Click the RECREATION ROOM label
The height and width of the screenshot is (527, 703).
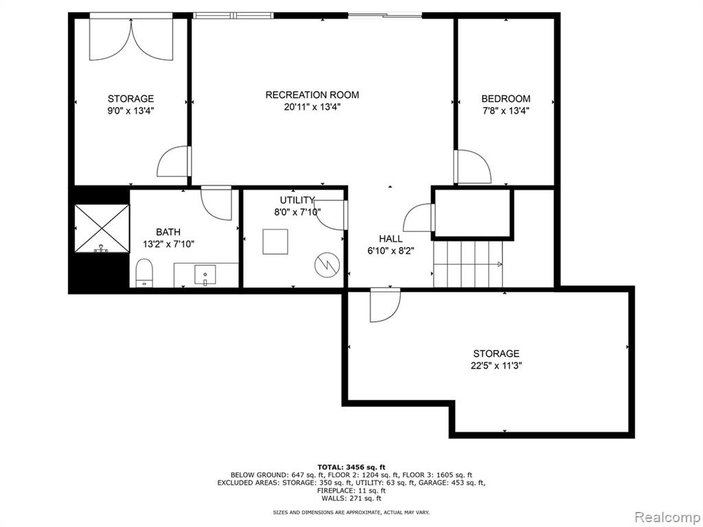[312, 95]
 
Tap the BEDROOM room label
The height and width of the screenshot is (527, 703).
[506, 99]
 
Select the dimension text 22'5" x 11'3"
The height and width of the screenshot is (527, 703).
[496, 366]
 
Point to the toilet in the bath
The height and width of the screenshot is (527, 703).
[144, 272]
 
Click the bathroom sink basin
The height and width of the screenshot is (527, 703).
[205, 274]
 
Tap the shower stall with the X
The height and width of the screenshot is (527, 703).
[102, 229]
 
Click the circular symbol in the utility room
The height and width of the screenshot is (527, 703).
[327, 265]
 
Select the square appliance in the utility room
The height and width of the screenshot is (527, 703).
[275, 242]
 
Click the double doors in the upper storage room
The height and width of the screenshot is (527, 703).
[131, 39]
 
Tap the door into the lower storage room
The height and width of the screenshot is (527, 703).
[385, 305]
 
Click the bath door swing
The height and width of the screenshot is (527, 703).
[216, 203]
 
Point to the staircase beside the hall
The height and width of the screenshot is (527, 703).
[468, 264]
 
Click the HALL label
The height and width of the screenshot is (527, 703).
[391, 239]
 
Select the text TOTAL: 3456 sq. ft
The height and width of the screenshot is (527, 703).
[351, 467]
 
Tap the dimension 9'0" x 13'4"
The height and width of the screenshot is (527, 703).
[130, 110]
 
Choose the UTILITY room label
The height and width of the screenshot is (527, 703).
[297, 200]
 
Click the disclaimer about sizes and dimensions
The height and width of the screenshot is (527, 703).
[351, 512]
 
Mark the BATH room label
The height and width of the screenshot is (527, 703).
[168, 232]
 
